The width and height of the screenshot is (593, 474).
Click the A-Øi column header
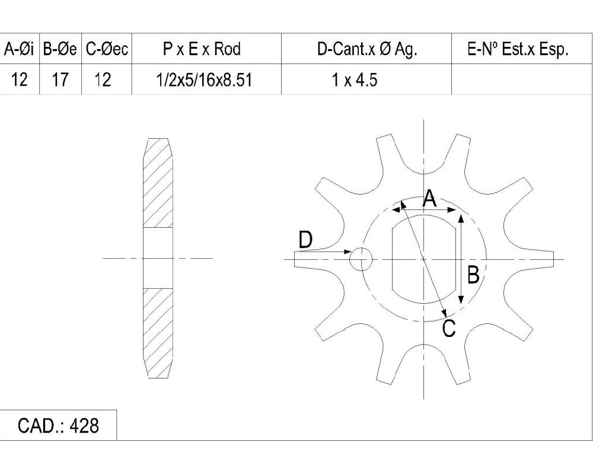tap(19, 49)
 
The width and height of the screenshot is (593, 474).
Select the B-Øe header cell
tap(60, 49)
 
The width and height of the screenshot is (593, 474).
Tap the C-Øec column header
tap(107, 49)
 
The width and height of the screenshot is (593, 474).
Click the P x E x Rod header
tap(202, 49)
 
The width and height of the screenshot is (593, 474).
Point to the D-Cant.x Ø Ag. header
tap(367, 49)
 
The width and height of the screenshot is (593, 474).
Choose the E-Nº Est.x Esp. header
tap(518, 49)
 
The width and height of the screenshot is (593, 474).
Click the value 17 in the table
tap(60, 80)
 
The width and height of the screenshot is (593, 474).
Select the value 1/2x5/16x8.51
tap(204, 80)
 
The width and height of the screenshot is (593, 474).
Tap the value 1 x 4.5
tap(355, 80)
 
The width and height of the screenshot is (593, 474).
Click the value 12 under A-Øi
tap(20, 80)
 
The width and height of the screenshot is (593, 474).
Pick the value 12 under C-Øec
tap(103, 80)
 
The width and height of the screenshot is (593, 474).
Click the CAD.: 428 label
tap(58, 425)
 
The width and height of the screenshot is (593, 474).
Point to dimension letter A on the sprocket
tap(429, 198)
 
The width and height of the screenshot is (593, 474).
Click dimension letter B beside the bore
tap(473, 275)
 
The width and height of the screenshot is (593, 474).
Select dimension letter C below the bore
tap(449, 328)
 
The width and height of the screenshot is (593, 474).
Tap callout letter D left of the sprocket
tap(306, 240)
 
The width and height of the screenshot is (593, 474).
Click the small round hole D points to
tap(361, 259)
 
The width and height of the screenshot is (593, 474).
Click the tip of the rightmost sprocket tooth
tap(554, 259)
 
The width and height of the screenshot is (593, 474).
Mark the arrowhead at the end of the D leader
tap(348, 252)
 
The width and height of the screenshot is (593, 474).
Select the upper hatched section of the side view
tap(158, 183)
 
